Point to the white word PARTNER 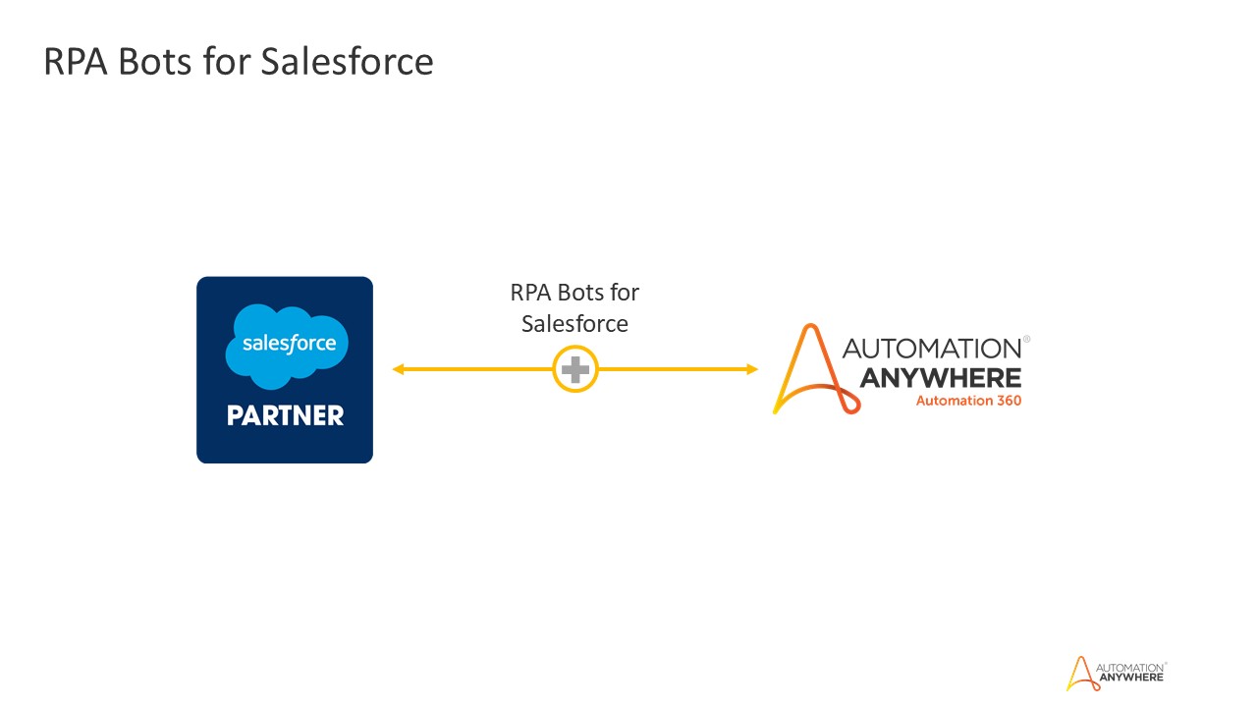(285, 416)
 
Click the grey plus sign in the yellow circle (575, 370)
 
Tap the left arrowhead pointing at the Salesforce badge (399, 369)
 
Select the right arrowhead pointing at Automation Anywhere (752, 369)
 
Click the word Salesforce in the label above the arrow (574, 323)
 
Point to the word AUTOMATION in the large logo (931, 349)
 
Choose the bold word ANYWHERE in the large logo (940, 378)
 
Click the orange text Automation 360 (968, 401)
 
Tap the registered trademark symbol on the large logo (1026, 339)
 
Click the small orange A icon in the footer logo (1079, 673)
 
